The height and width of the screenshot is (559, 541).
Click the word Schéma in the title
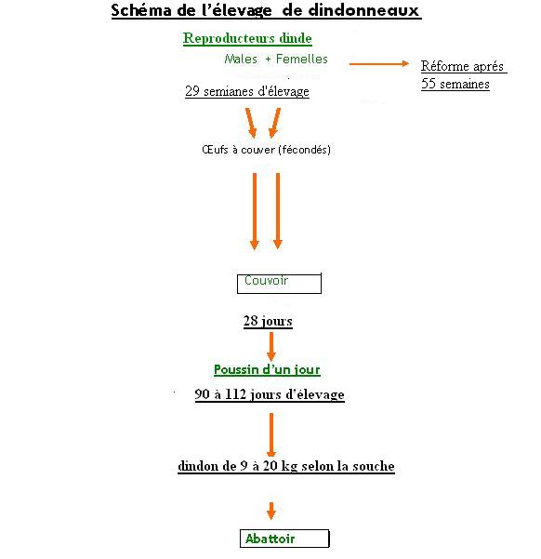tap(141, 10)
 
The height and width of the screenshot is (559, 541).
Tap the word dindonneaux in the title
tap(363, 10)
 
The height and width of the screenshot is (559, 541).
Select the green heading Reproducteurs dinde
tap(247, 38)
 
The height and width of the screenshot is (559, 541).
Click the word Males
tap(241, 59)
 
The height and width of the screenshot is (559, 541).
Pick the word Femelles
tap(302, 59)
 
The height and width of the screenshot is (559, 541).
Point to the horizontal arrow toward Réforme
tap(379, 64)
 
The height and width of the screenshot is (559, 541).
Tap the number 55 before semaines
tap(429, 84)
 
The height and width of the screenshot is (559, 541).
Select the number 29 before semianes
tap(192, 91)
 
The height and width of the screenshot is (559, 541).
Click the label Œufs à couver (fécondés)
tap(266, 150)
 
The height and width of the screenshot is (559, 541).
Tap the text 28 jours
tap(268, 321)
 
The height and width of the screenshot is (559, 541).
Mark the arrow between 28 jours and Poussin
tap(271, 347)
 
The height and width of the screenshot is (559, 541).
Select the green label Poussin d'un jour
tap(267, 369)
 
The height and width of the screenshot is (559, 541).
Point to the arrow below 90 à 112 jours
tap(271, 435)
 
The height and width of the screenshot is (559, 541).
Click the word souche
tap(374, 466)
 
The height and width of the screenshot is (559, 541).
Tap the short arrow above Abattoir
tap(271, 511)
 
